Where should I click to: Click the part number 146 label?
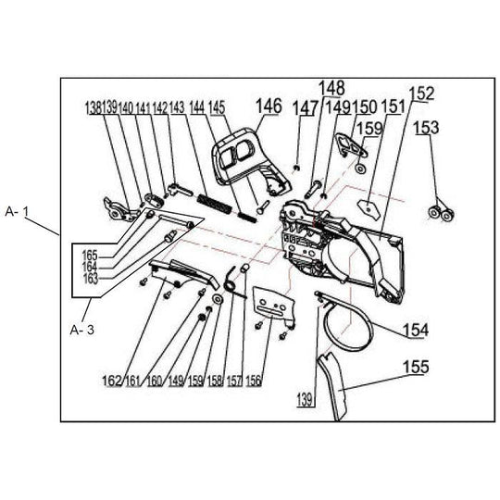click(x=269, y=106)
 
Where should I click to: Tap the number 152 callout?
click(x=422, y=94)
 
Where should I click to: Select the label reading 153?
click(x=426, y=127)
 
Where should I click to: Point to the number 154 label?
click(x=416, y=330)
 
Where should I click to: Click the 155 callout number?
click(x=416, y=367)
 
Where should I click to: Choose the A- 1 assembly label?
click(x=17, y=212)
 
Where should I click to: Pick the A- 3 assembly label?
click(x=82, y=330)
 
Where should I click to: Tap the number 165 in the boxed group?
click(x=90, y=256)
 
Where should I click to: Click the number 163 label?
click(x=90, y=279)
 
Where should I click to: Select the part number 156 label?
click(x=254, y=381)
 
